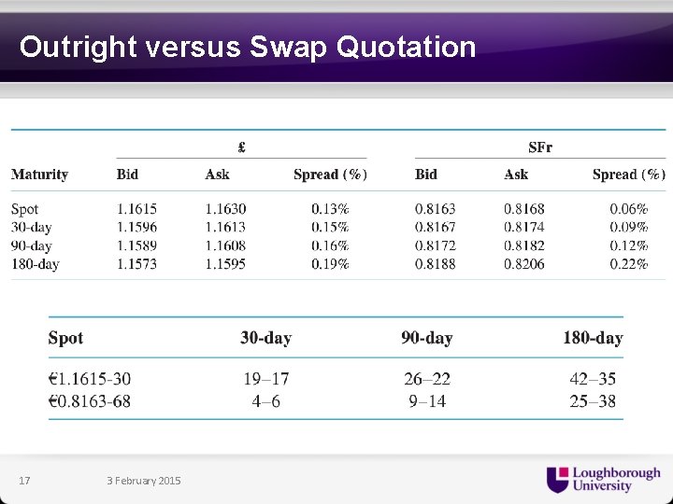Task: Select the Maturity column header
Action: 39,175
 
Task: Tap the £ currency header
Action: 241,147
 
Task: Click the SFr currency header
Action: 540,147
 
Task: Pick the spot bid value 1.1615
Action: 136,209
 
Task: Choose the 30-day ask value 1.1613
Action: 225,227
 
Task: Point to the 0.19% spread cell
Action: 330,264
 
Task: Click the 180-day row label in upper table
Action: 35,264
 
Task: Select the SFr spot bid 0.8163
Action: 435,209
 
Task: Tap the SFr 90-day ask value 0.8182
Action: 523,245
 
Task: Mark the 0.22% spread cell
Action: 628,264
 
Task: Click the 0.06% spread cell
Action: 628,209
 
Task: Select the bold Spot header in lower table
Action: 65,338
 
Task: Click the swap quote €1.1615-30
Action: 90,379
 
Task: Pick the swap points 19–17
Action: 266,379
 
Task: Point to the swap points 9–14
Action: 427,401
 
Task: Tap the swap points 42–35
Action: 593,379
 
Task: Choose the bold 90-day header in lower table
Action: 427,338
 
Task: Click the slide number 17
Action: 24,481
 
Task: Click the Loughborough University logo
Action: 603,479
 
